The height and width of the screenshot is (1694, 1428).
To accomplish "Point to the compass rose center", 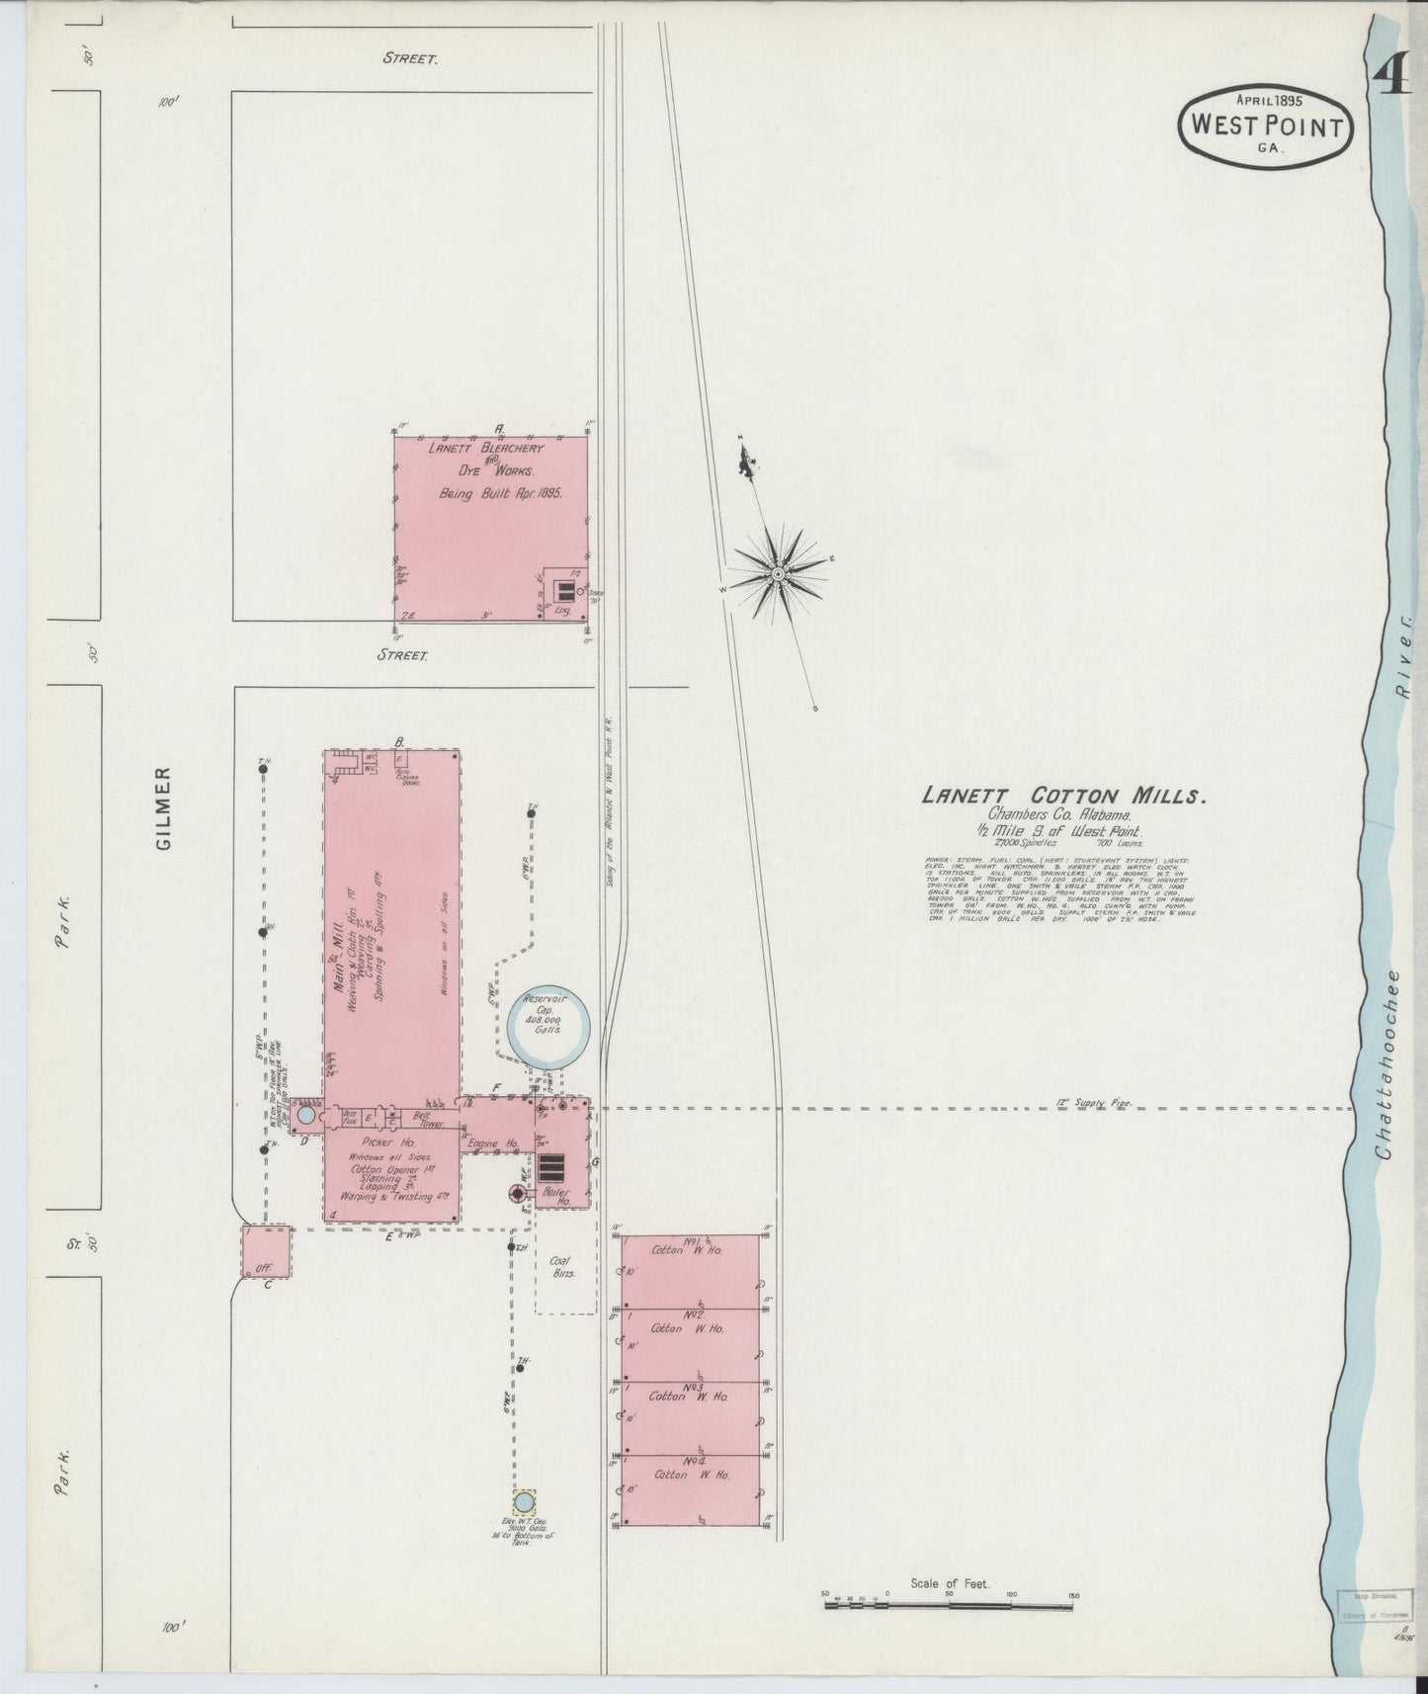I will click(778, 574).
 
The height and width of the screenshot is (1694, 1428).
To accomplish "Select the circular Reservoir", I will click(548, 1027).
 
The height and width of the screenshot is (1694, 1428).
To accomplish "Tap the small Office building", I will click(267, 1251).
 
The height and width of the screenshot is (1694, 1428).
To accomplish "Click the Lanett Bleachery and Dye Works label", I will click(486, 460).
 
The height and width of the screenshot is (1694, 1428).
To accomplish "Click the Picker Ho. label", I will click(392, 1143).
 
